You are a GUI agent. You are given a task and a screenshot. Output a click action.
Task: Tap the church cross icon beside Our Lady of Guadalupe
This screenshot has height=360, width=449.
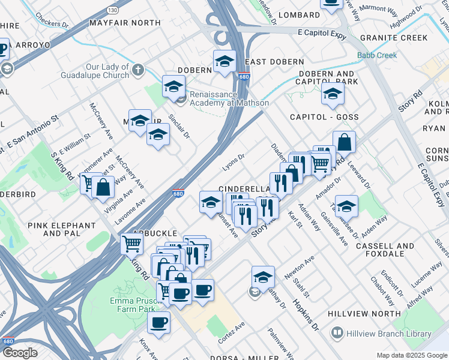tap(138, 70)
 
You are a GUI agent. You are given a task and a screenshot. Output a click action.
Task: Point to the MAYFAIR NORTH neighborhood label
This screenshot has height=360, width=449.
tap(125, 22)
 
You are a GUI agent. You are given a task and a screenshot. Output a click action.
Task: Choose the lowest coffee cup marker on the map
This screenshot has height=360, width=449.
tap(159, 322)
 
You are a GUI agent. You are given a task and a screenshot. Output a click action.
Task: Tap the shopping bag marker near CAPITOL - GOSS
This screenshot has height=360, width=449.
tap(344, 143)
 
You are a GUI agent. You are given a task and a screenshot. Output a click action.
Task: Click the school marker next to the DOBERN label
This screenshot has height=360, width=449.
tap(224, 61)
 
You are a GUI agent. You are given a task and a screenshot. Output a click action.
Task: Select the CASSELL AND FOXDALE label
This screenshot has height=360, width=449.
tap(385, 250)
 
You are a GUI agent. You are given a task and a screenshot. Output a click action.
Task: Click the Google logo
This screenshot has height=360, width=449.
tap(19, 353)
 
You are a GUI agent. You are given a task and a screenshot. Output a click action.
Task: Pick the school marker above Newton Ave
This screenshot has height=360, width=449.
tap(263, 277)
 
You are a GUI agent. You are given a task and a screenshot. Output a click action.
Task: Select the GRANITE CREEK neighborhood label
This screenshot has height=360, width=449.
tap(394, 38)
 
